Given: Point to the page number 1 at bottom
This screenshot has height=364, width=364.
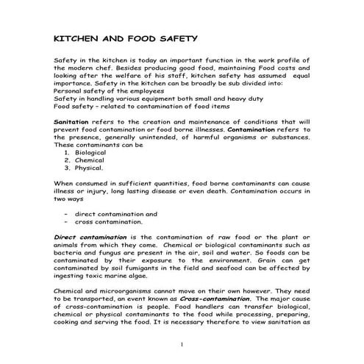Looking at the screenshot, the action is click(x=182, y=343).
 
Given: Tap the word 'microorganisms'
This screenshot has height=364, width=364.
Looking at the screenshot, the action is click(x=124, y=291).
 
